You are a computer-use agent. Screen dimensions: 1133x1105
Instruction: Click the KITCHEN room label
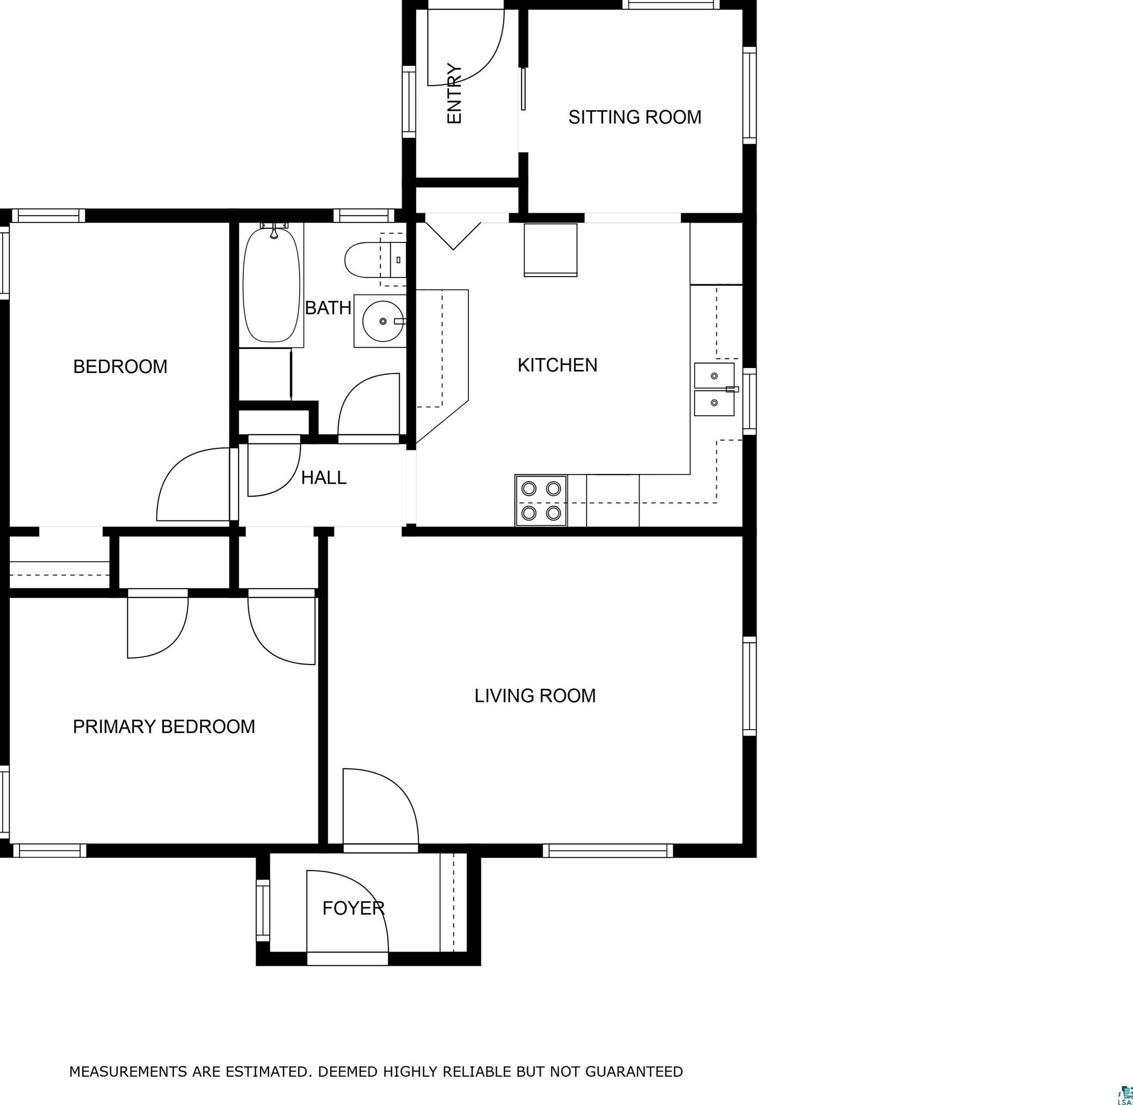pos(557,365)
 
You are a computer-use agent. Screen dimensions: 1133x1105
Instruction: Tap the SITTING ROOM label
pos(635,117)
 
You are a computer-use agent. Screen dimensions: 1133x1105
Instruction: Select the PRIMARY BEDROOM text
pos(164,727)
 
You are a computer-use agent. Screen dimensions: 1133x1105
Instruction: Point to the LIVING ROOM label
pos(535,696)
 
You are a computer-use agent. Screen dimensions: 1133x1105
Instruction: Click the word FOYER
pos(354,908)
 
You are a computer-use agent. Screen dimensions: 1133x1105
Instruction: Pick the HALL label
pos(323,478)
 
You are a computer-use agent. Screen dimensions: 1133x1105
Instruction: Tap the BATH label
pos(328,307)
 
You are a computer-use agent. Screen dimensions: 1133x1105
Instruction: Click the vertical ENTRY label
pos(454,93)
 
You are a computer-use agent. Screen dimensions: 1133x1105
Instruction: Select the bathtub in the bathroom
pos(272,285)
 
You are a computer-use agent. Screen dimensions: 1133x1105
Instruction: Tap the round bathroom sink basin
pos(383,321)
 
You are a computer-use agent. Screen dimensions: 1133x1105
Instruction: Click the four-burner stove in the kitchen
pos(541,500)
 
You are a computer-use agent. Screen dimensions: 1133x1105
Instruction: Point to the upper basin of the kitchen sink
pos(714,375)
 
